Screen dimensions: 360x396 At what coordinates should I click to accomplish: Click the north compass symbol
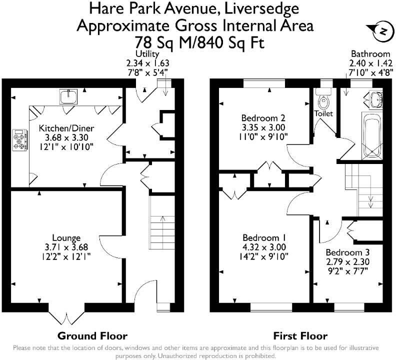pos(382,31)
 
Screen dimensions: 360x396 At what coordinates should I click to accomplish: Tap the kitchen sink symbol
pos(67,95)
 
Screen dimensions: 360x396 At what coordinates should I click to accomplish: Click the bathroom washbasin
pos(375,99)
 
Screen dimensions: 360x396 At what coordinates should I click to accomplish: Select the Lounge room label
pos(66,237)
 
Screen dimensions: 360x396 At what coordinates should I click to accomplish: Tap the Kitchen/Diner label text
pos(66,128)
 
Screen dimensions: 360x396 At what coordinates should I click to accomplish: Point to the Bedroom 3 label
pos(348,252)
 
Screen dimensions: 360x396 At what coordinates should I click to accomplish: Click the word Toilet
pos(323,114)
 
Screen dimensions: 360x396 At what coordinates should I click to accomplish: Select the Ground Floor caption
pos(92,335)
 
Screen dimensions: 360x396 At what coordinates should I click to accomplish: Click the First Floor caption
pos(300,335)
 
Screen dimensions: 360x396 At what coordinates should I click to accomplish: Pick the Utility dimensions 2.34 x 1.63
pos(147,63)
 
